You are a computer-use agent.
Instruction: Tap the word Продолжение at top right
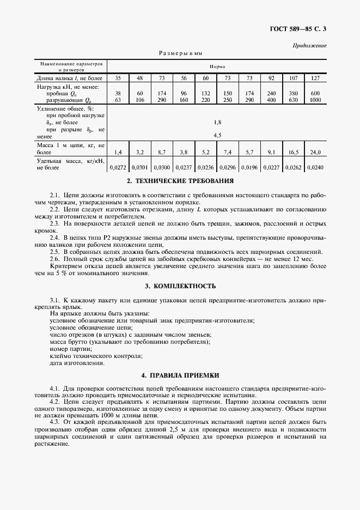[x=309, y=45]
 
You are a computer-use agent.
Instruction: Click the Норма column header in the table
[x=217, y=66]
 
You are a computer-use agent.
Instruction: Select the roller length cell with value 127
[x=315, y=78]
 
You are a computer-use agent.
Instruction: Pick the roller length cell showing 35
[x=118, y=78]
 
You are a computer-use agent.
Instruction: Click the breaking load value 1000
[x=315, y=100]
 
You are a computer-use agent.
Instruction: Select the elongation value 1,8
[x=217, y=122]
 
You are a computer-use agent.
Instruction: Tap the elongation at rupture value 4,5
[x=217, y=135]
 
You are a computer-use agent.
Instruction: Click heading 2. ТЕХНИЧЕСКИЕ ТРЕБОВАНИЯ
[x=180, y=181]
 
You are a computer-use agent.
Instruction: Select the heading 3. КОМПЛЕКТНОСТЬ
[x=180, y=286]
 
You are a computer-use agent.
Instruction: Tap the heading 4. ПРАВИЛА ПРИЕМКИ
[x=180, y=375]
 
